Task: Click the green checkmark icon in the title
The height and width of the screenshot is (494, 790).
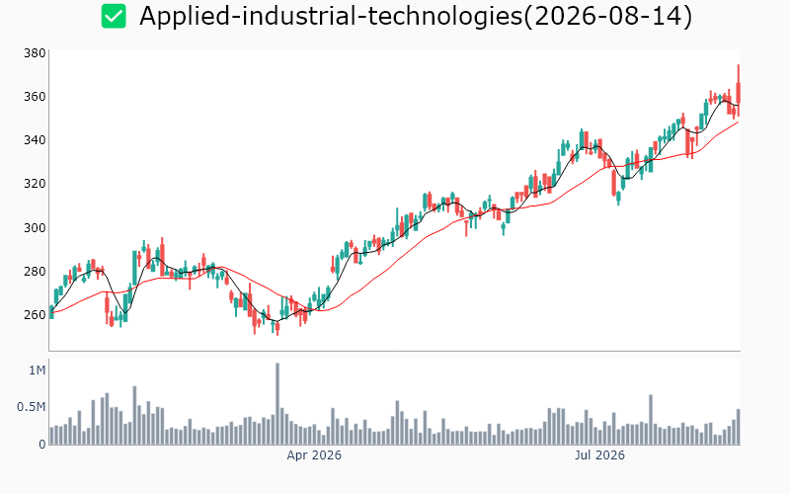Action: tap(114, 16)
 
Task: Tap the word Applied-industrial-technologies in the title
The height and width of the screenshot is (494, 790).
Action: tap(331, 16)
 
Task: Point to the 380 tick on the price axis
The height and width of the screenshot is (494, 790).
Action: tap(35, 53)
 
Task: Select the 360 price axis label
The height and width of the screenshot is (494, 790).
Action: tap(35, 96)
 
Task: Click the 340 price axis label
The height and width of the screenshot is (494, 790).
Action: tap(35, 139)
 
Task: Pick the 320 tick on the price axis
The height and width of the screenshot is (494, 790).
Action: tap(35, 184)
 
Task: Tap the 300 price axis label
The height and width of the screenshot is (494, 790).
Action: tap(35, 227)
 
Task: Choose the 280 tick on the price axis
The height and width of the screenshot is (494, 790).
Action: tap(35, 271)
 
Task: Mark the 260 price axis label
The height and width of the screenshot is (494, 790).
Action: tap(35, 314)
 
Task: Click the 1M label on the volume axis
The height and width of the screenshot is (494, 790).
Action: tap(38, 370)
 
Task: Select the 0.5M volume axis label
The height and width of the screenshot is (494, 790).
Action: tap(32, 407)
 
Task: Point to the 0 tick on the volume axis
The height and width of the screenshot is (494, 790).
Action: tap(42, 445)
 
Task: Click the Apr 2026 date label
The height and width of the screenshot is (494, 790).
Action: tap(314, 455)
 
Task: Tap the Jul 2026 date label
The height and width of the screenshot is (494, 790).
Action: tap(599, 455)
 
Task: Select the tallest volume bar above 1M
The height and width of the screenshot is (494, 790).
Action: tap(277, 403)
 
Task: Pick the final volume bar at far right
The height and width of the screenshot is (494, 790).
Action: tap(739, 427)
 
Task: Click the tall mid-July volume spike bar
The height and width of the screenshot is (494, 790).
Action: tap(651, 419)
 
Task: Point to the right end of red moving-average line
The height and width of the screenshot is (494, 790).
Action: tap(739, 122)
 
